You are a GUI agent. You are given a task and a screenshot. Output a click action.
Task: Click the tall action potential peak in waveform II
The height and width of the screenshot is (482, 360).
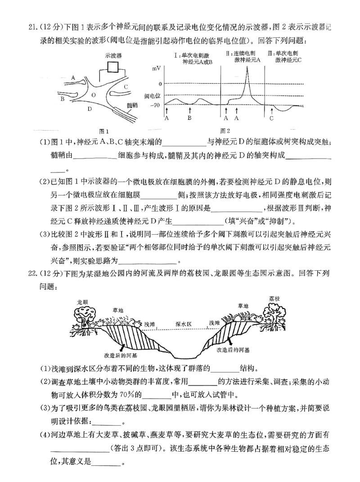click(247, 68)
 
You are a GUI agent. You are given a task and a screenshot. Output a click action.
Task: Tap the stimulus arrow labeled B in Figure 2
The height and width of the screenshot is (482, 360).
click(190, 110)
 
